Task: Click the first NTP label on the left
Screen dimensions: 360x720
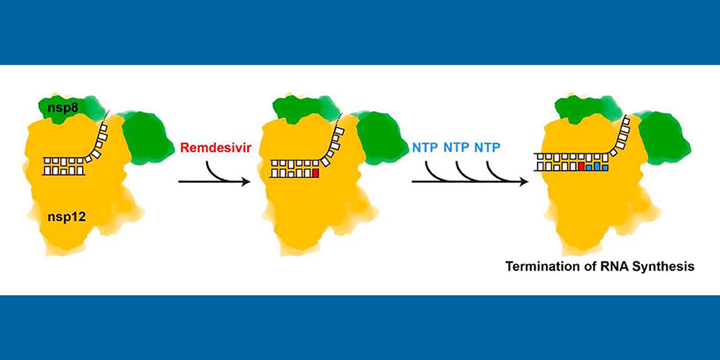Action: click(425, 148)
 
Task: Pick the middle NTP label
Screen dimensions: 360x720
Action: click(456, 148)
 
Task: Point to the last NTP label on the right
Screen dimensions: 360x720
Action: click(488, 148)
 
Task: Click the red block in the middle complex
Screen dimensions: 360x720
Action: click(315, 173)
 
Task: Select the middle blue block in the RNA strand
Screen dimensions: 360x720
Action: click(597, 167)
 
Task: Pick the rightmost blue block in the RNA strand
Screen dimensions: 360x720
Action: click(605, 167)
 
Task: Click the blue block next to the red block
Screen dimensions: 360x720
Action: click(589, 167)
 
